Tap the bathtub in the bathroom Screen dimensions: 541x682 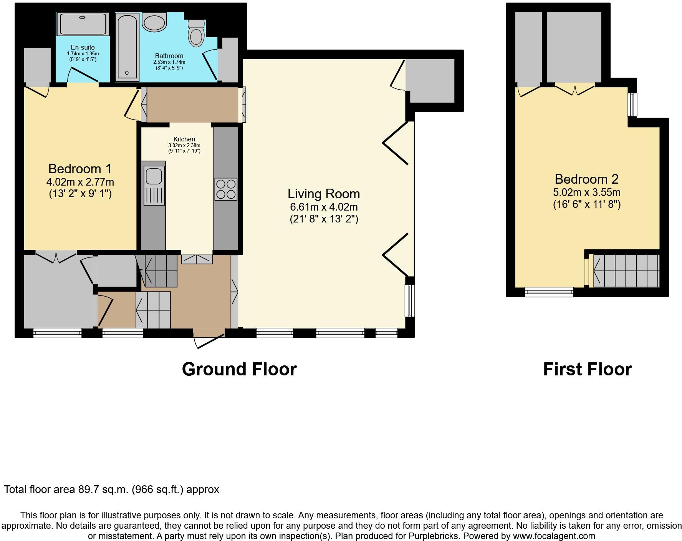[x=127, y=46]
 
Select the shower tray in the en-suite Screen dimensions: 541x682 [x=83, y=24]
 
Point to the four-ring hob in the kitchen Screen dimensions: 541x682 [x=225, y=189]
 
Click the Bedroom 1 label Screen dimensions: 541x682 [x=80, y=169]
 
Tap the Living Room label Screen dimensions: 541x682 [x=324, y=193]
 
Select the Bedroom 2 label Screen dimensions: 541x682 [x=586, y=179]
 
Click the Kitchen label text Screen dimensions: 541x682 [x=184, y=139]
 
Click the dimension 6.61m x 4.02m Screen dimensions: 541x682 [x=324, y=207]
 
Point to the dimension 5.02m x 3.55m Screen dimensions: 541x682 [x=586, y=192]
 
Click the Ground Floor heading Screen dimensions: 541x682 [x=239, y=369]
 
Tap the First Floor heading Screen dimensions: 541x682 [x=587, y=369]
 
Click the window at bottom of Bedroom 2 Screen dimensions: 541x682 [x=549, y=292]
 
